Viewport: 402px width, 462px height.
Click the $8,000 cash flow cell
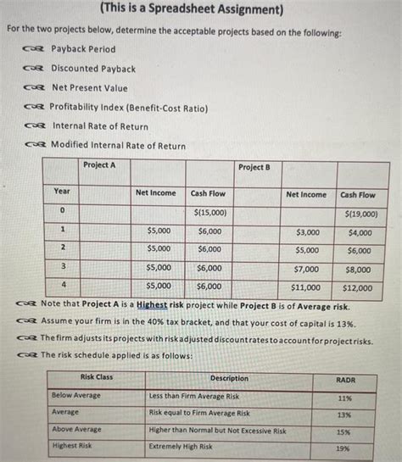point(358,269)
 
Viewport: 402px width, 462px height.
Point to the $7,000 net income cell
point(306,269)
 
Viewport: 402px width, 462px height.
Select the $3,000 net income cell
point(307,231)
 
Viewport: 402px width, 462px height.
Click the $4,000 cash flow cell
point(359,231)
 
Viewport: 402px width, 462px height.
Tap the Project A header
point(100,164)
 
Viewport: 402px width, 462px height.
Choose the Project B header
point(254,167)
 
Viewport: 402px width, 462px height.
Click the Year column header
point(62,192)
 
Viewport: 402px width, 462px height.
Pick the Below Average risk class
point(76,395)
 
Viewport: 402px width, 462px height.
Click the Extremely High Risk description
point(183,446)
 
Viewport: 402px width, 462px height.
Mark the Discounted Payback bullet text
point(93,68)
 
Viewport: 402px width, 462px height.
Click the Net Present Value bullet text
point(89,87)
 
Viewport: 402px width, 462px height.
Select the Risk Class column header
point(97,377)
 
